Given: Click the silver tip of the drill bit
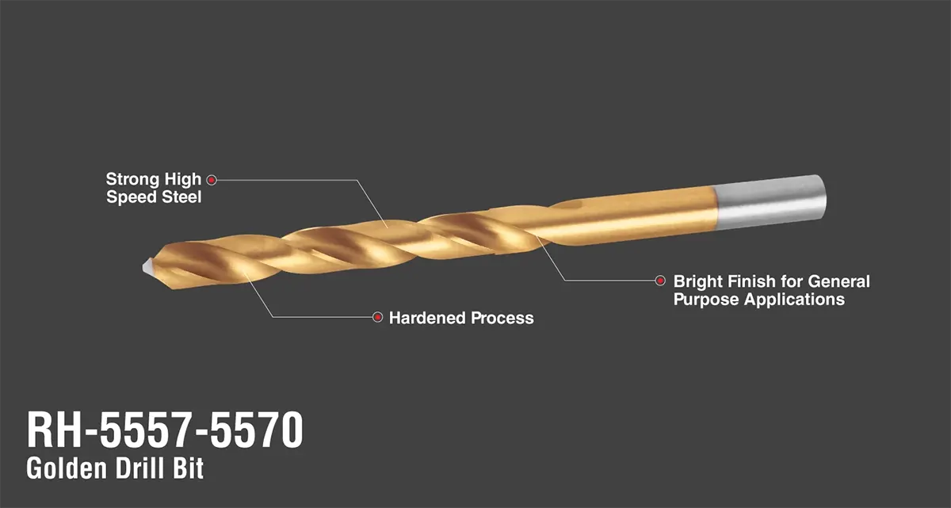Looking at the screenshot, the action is tap(147, 266).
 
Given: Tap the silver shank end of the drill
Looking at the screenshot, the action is tap(770, 202).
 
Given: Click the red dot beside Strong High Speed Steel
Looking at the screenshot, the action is tap(212, 180).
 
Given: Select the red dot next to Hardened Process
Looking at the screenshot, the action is tap(377, 317).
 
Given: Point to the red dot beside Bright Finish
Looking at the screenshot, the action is tap(660, 281).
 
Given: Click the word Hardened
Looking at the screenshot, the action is tap(427, 318).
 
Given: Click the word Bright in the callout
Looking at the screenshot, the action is tap(698, 281).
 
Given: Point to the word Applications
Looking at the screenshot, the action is tap(794, 300).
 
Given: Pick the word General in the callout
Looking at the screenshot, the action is tap(838, 281).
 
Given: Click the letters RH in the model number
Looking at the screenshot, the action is tap(54, 430).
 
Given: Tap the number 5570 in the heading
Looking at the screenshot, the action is tap(257, 430).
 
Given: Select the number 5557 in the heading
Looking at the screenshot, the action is tap(144, 430).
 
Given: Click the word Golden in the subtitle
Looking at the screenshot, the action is tap(67, 468).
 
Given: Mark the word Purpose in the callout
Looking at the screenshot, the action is tap(706, 300).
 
